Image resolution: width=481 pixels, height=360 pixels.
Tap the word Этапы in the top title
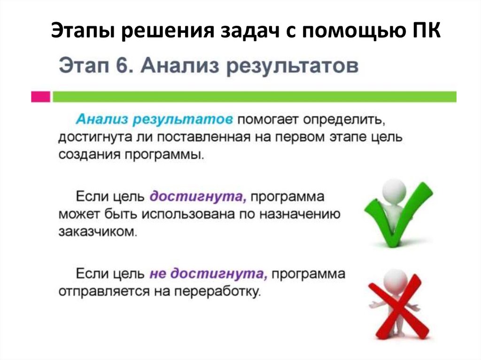click(x=83, y=34)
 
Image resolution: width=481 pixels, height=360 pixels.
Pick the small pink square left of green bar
click(x=40, y=97)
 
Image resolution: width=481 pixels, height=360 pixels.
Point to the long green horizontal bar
click(x=254, y=97)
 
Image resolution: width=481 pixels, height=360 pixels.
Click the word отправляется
click(x=103, y=291)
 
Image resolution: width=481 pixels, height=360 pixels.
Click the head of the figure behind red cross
click(x=394, y=281)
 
